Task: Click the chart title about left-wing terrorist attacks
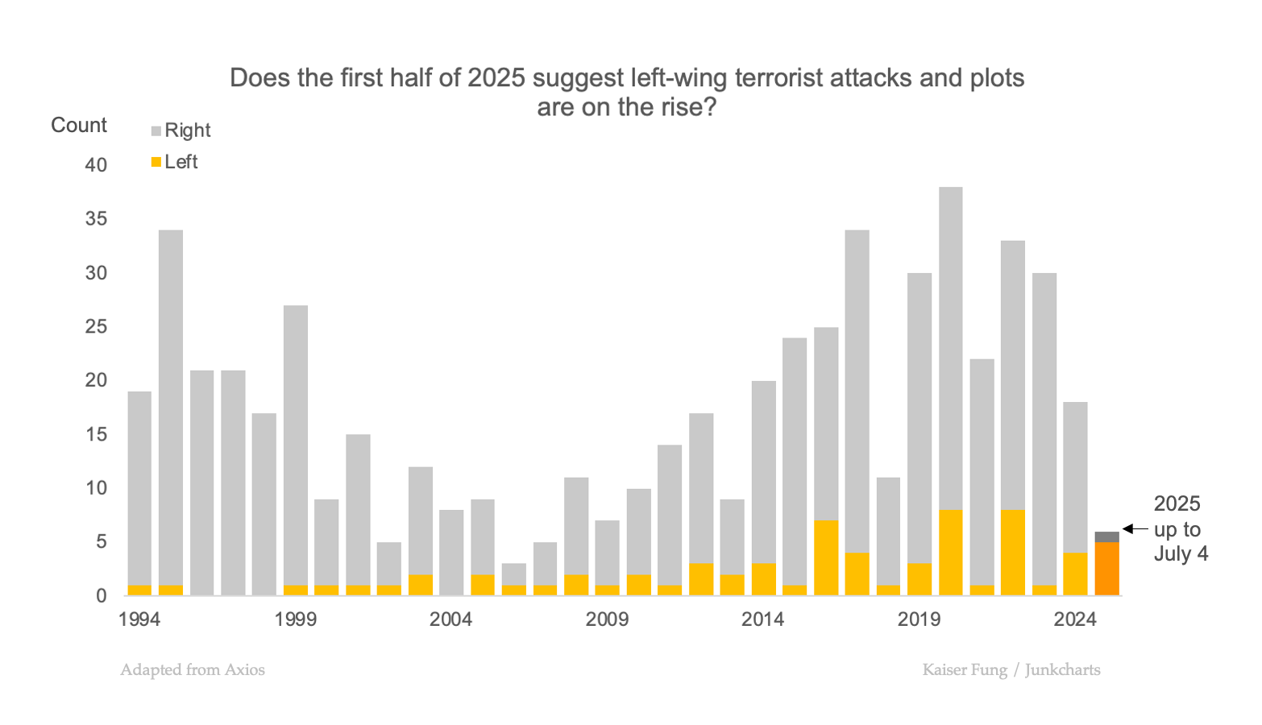coord(627,92)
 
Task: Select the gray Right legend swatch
coord(156,131)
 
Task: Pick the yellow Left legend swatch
coord(156,163)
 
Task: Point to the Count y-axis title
coord(79,126)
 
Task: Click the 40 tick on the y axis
coord(96,165)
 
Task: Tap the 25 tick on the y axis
coord(96,327)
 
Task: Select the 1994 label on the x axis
coord(139,619)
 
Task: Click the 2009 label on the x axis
coord(607,619)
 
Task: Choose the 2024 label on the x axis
coord(1075,619)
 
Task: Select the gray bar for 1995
coord(171,403)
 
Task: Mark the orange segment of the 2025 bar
coord(1106,569)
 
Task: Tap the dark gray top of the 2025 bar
coord(1106,536)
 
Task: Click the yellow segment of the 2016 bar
coord(826,557)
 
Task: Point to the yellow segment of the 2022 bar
coord(1013,553)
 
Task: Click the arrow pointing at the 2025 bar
coord(1135,529)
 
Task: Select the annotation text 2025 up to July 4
coord(1180,528)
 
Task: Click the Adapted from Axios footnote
coord(193,670)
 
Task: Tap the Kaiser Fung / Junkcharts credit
coord(1011,670)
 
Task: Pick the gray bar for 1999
coord(296,443)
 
